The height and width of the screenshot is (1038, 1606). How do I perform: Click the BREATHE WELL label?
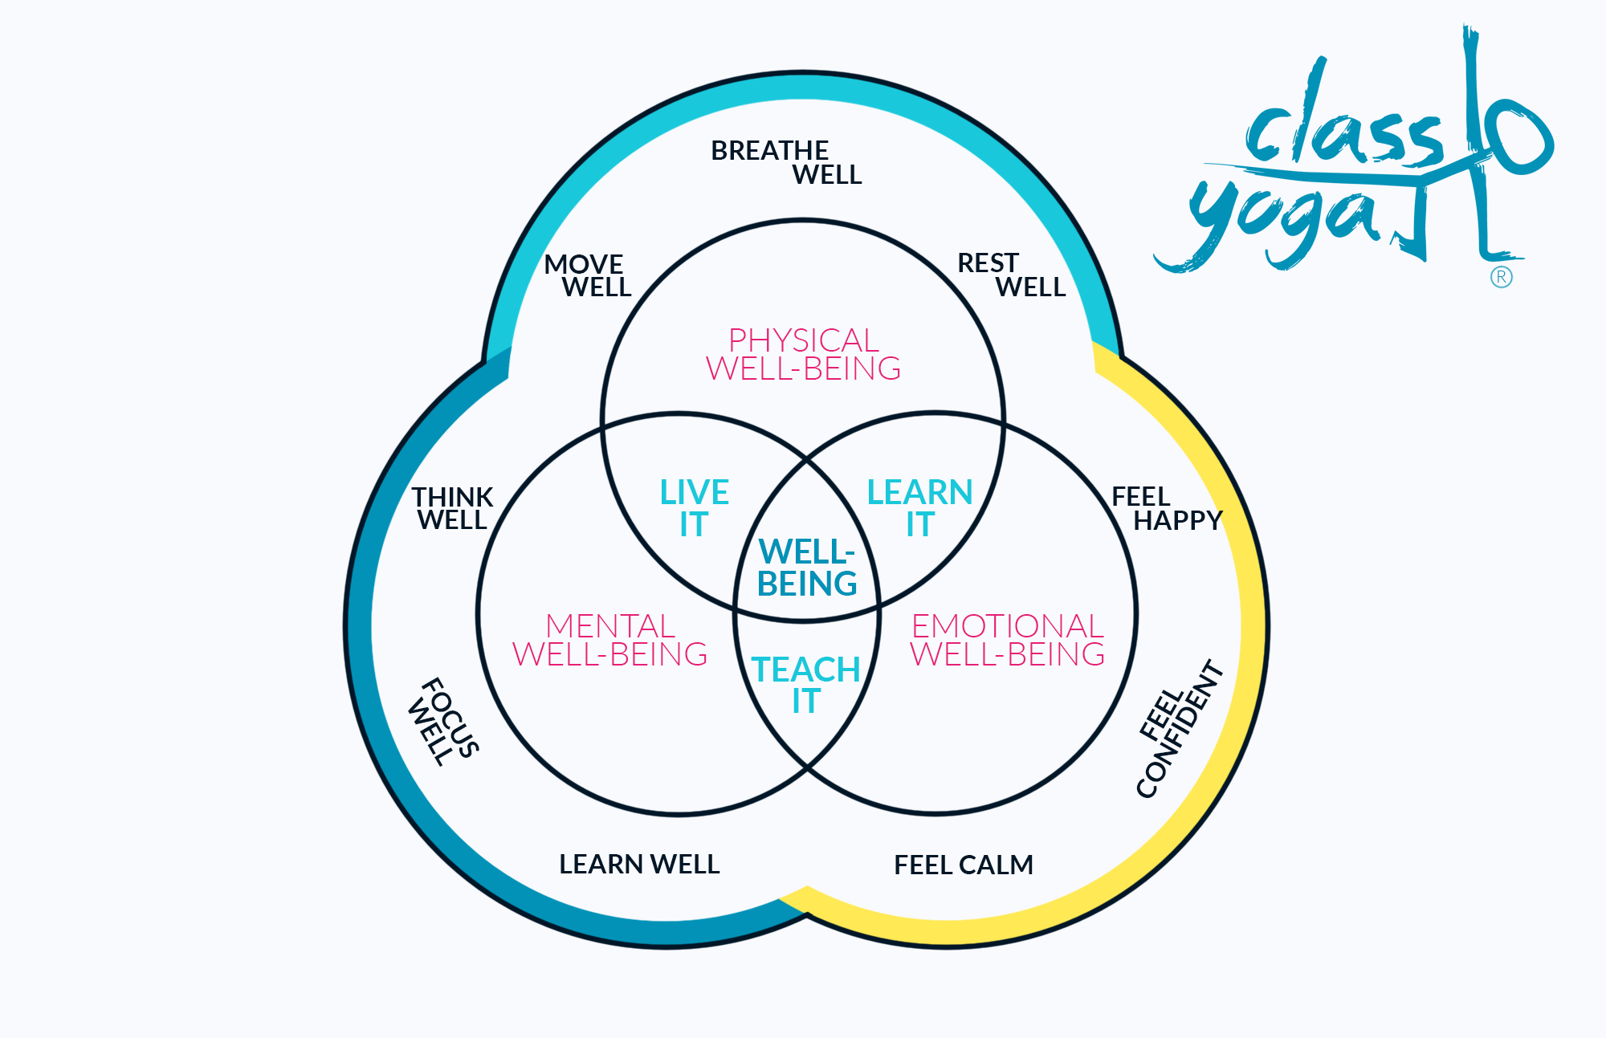pos(786,162)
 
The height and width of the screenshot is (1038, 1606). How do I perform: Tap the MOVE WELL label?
pos(588,275)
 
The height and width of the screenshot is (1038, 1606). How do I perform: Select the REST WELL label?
pos(1011,275)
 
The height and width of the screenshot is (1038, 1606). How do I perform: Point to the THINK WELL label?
pos(452,508)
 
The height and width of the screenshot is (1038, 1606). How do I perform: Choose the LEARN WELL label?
pos(639,864)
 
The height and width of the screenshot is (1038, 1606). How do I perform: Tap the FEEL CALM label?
pos(964,865)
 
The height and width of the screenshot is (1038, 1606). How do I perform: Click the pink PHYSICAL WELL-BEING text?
pos(803,354)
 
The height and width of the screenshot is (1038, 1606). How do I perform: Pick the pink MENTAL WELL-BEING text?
pos(610,640)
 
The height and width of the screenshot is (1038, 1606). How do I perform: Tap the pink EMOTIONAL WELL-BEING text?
pos(1007,640)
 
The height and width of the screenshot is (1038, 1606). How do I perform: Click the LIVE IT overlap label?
pos(694,508)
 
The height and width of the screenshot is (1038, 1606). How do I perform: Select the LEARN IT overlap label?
pos(919,508)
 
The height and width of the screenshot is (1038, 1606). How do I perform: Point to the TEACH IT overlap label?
pos(806,685)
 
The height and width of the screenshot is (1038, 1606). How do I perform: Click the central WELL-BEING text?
pos(807,568)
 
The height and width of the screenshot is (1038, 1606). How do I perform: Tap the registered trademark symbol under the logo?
pos(1501,278)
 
